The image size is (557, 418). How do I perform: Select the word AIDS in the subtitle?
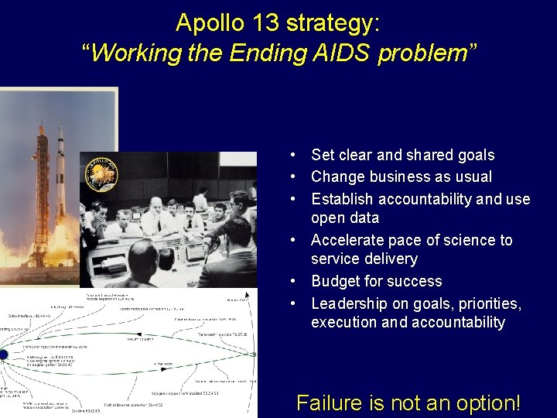coord(343,53)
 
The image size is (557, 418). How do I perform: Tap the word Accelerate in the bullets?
coord(347,240)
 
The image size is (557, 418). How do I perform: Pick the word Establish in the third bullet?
coord(343,199)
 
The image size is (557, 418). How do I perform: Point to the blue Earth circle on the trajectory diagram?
coord(3,355)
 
